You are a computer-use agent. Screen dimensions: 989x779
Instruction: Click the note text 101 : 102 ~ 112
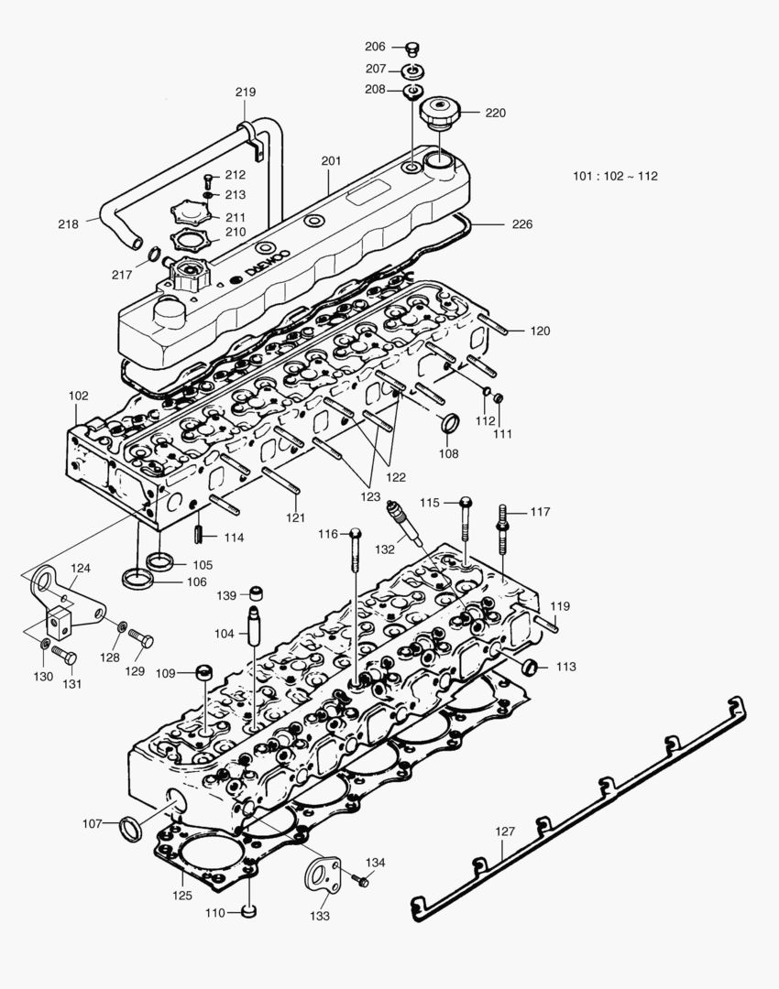tap(615, 177)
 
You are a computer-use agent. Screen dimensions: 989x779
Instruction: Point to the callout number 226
tap(522, 223)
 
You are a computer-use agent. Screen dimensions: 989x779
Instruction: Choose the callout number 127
tap(505, 831)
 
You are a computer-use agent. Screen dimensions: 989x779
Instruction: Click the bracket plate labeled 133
tap(320, 881)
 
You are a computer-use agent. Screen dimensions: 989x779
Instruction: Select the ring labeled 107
tap(131, 828)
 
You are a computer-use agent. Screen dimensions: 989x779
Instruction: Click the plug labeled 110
tap(248, 911)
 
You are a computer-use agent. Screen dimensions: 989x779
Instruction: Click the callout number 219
tap(246, 92)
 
